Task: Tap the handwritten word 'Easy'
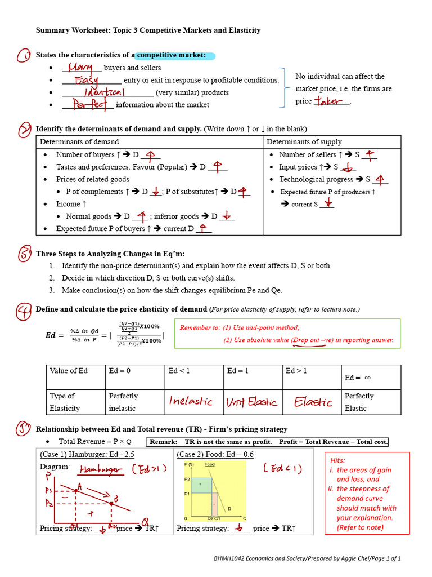pyautogui.click(x=86, y=81)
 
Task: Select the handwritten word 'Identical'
pyautogui.click(x=104, y=92)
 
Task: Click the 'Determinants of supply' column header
pyautogui.click(x=304, y=142)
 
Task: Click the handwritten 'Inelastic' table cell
pyautogui.click(x=191, y=402)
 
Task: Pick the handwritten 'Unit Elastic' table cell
pyautogui.click(x=251, y=402)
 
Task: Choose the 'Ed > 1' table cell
pyautogui.click(x=296, y=371)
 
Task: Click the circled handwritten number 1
pyautogui.click(x=24, y=56)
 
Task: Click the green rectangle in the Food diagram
pyautogui.click(x=201, y=484)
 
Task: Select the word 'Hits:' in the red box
pyautogui.click(x=338, y=460)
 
